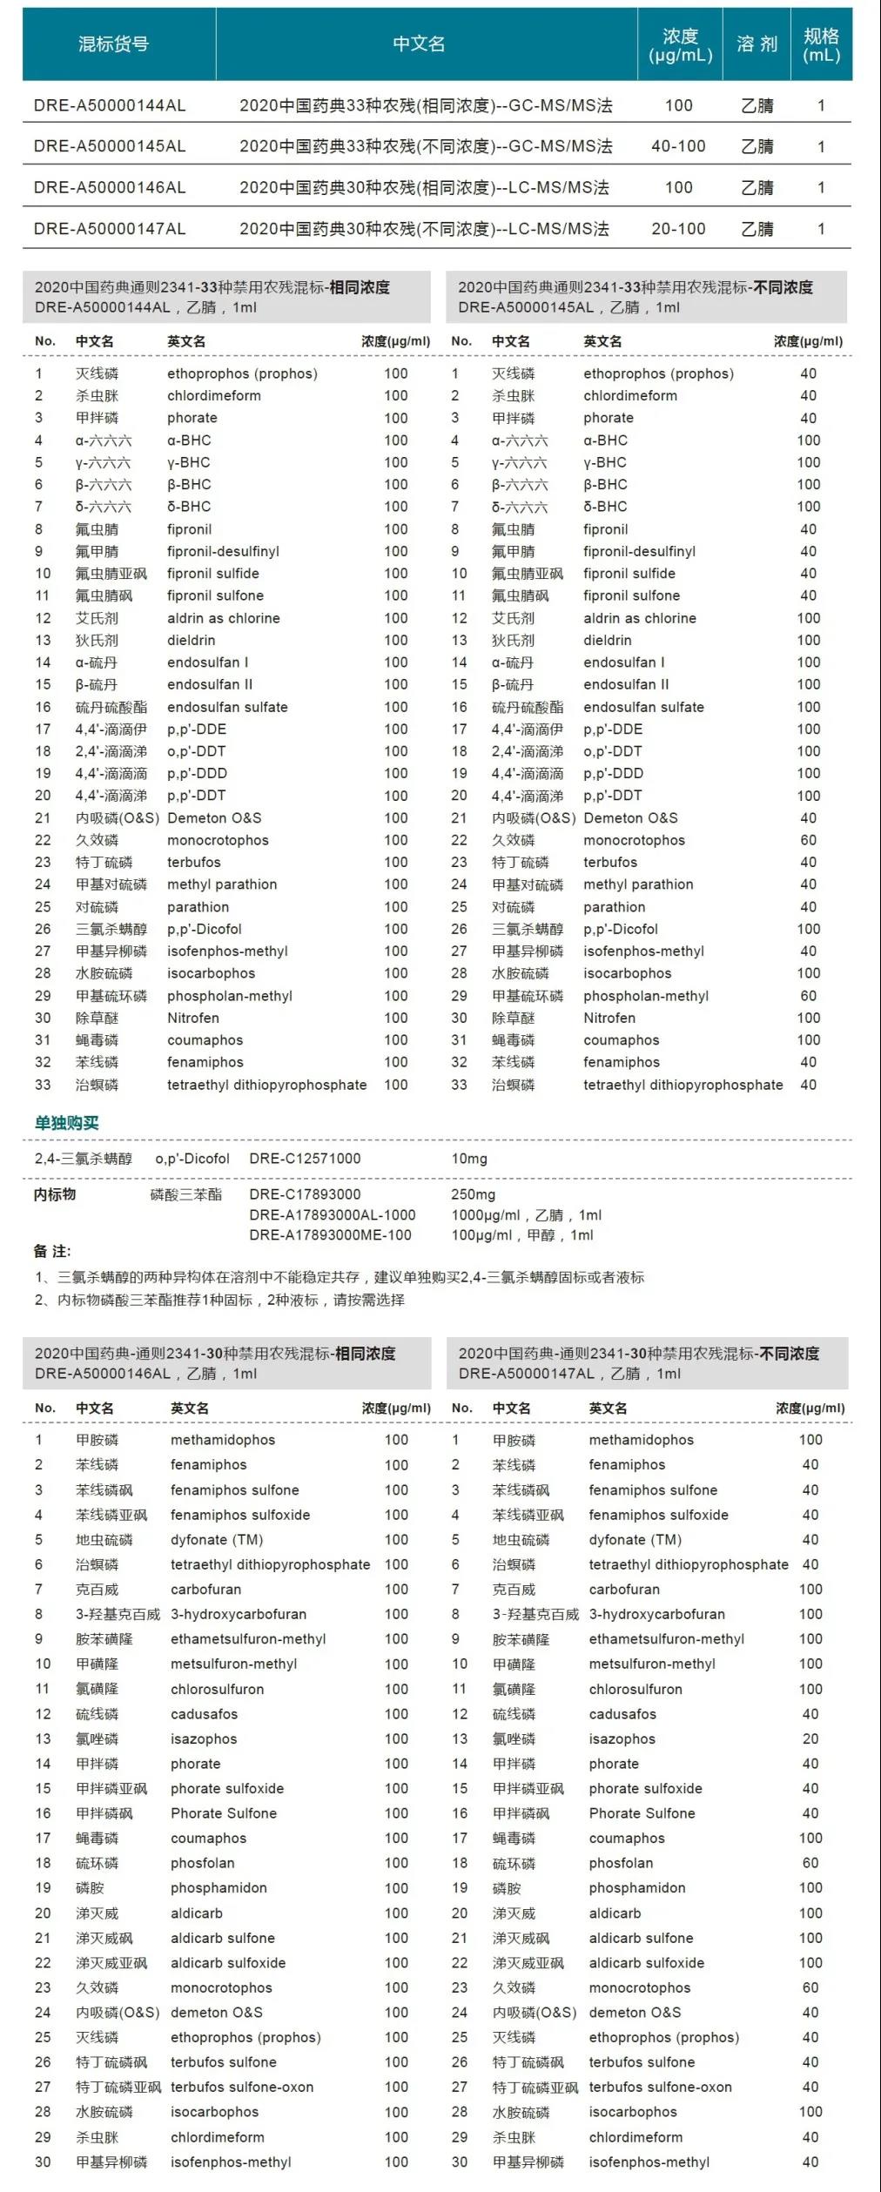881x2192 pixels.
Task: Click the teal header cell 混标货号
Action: pyautogui.click(x=113, y=44)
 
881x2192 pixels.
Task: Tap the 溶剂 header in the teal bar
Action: pyautogui.click(x=757, y=44)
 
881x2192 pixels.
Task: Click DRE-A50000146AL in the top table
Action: pyautogui.click(x=110, y=187)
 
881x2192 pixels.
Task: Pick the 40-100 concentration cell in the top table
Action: pyautogui.click(x=678, y=146)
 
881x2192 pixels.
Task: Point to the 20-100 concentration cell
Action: pyautogui.click(x=678, y=229)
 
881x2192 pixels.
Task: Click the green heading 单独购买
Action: pyautogui.click(x=66, y=1123)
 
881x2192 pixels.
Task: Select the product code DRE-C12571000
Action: pyautogui.click(x=305, y=1159)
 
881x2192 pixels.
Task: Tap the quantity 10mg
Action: pyautogui.click(x=469, y=1159)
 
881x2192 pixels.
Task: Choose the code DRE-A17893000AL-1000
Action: pyautogui.click(x=333, y=1214)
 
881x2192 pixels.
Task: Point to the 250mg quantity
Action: pyautogui.click(x=473, y=1194)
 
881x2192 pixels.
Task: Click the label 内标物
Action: pyautogui.click(x=55, y=1194)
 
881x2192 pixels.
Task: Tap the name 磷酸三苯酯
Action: pyautogui.click(x=185, y=1194)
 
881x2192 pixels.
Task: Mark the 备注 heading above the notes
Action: pyautogui.click(x=52, y=1251)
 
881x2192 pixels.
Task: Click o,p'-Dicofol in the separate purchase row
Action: pyautogui.click(x=192, y=1159)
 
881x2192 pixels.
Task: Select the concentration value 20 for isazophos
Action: pyautogui.click(x=810, y=1738)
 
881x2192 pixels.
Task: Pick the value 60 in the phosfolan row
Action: pyautogui.click(x=810, y=1863)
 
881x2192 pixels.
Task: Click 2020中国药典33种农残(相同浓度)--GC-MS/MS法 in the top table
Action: pyautogui.click(x=426, y=105)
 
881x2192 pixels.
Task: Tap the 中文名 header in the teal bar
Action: pyautogui.click(x=419, y=44)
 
